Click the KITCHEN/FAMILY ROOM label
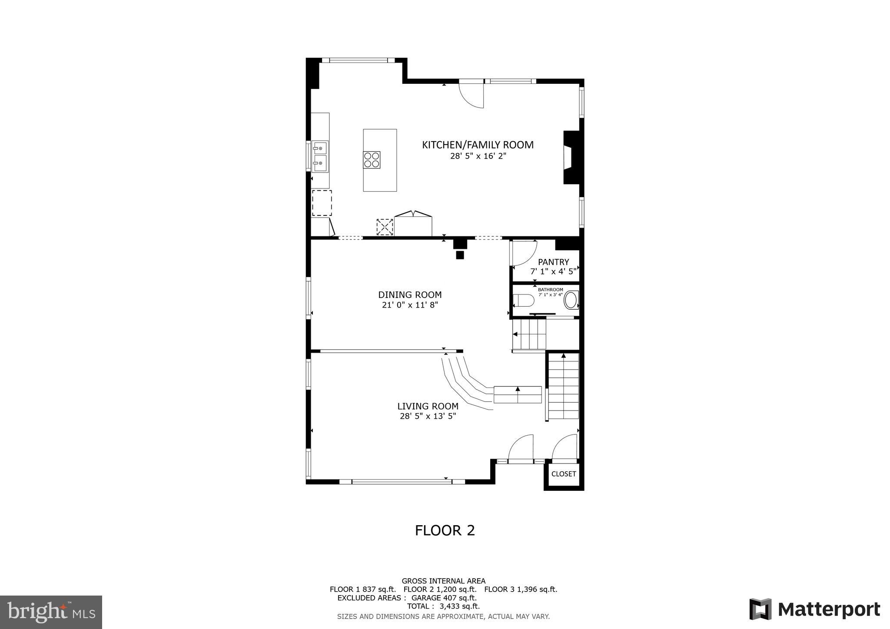click(478, 145)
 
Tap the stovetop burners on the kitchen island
click(372, 159)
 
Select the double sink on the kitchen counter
click(320, 156)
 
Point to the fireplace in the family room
click(570, 157)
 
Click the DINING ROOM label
click(410, 295)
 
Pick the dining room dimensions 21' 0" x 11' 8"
click(410, 305)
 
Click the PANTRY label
click(553, 262)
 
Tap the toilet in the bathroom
click(523, 301)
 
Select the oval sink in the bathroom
click(571, 301)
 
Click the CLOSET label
click(563, 474)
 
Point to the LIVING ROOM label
click(428, 406)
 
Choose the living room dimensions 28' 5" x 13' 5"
click(428, 416)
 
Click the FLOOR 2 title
click(445, 530)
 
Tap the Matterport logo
click(814, 609)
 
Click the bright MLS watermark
click(51, 612)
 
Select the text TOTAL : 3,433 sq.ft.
click(443, 606)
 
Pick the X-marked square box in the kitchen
click(385, 227)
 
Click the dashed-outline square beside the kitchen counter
click(322, 203)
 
